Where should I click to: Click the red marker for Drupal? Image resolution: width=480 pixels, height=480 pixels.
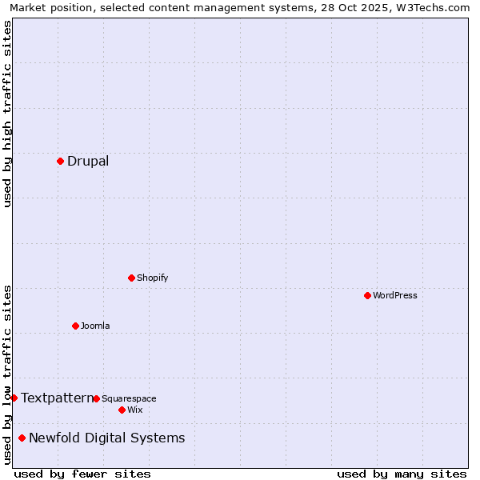click(x=60, y=161)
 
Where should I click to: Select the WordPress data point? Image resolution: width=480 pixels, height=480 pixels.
click(x=367, y=295)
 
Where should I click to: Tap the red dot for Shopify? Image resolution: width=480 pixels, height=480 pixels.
click(x=131, y=278)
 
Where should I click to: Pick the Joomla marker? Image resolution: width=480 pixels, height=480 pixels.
click(x=75, y=326)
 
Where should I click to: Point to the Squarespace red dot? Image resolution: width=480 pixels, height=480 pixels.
click(x=96, y=398)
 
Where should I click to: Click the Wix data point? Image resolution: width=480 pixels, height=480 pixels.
click(x=122, y=410)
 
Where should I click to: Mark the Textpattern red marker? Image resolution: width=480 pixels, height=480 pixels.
click(x=14, y=398)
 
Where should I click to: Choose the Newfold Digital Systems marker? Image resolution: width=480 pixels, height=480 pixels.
click(x=22, y=438)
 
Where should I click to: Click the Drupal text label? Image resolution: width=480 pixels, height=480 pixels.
click(x=88, y=161)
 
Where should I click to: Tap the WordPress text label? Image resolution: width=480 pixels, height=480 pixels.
click(x=395, y=295)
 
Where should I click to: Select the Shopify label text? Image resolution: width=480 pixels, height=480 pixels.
click(x=152, y=278)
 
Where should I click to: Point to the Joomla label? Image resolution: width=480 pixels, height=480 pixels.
click(x=95, y=326)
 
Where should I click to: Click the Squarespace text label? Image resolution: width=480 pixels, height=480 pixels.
click(x=129, y=398)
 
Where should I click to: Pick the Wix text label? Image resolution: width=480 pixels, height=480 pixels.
click(x=135, y=410)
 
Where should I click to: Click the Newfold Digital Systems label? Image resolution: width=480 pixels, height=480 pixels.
click(x=106, y=438)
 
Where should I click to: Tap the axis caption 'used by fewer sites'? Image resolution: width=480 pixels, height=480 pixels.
click(x=82, y=474)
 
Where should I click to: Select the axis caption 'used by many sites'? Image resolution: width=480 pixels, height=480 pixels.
click(x=402, y=474)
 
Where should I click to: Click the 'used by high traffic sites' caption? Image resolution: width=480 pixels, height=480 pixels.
click(x=7, y=114)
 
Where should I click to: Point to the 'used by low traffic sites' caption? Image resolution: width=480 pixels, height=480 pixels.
click(x=7, y=374)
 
